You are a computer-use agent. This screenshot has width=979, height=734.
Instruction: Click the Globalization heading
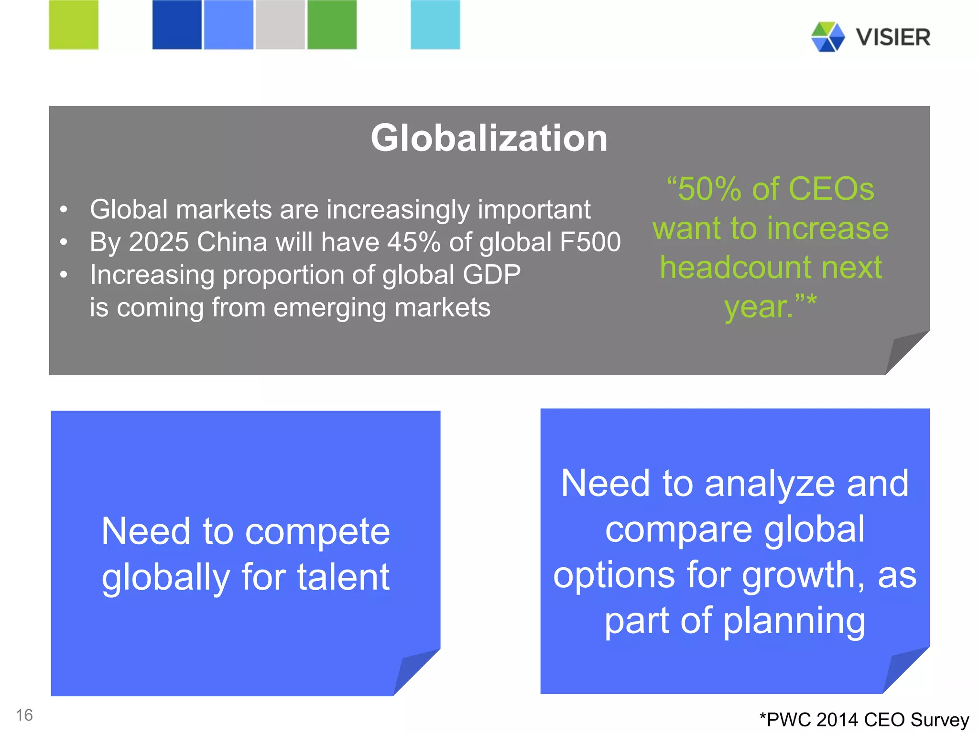point(489,138)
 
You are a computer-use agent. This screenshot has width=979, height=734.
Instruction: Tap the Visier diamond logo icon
point(827,37)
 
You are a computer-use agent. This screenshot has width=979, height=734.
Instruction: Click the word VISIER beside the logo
point(893,37)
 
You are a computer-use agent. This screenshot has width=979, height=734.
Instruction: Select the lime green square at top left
point(74,25)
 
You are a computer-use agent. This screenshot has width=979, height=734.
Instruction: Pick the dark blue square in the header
point(177,25)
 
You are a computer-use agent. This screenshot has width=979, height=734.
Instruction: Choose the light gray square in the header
point(280,25)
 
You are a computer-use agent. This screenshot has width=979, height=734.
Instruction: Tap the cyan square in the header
point(435,25)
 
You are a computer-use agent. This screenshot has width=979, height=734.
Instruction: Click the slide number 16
point(24,715)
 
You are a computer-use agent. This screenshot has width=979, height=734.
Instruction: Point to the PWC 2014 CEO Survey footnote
point(864,720)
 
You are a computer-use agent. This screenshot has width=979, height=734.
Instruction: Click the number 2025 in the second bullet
point(159,242)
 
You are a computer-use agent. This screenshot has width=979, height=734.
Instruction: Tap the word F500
point(590,242)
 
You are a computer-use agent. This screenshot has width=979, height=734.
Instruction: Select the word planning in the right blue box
point(794,621)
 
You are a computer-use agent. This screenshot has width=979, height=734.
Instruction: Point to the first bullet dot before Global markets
point(64,209)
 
